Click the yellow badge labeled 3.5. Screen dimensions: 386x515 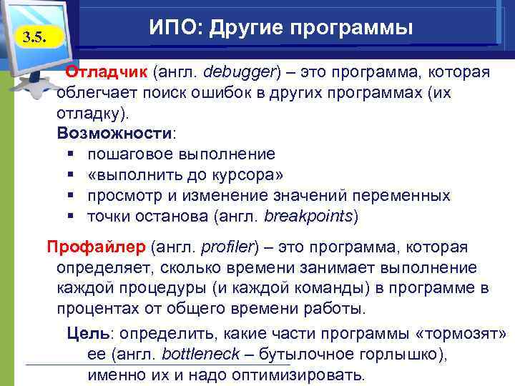click(x=32, y=37)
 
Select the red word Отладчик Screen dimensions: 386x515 click(x=106, y=73)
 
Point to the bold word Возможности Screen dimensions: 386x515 click(x=114, y=134)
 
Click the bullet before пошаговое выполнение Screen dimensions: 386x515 click(x=70, y=154)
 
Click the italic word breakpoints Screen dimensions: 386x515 click(x=309, y=216)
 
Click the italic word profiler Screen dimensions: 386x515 click(x=227, y=247)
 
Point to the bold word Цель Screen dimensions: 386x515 click(x=89, y=334)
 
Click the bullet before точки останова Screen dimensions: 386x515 click(x=70, y=216)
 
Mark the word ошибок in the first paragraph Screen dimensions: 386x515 click(x=219, y=93)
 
